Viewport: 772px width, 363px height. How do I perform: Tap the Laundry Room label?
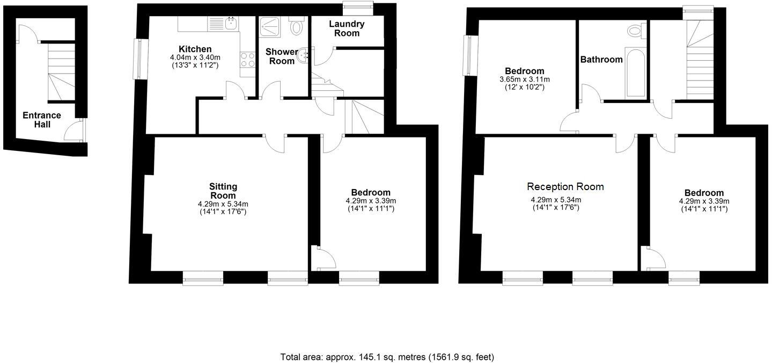[x=347, y=28]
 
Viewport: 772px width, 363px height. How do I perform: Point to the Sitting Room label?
[x=223, y=191]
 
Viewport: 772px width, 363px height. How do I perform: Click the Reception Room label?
[x=565, y=187]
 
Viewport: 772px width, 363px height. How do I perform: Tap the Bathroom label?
[x=601, y=60]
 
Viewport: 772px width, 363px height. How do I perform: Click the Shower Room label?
[x=282, y=56]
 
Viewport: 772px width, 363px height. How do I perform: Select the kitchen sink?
[x=231, y=23]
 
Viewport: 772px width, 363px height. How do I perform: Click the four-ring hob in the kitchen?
[x=247, y=60]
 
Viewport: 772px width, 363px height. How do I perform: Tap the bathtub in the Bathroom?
[x=636, y=74]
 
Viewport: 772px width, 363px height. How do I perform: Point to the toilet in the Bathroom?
[x=635, y=31]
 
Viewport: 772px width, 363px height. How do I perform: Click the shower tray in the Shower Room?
[x=267, y=27]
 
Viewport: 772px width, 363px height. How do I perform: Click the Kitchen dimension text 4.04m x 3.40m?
[x=195, y=57]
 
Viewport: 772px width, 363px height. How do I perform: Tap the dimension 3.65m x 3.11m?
[x=524, y=79]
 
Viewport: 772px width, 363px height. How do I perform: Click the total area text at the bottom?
[x=387, y=357]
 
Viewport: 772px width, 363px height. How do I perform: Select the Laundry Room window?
[x=358, y=6]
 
